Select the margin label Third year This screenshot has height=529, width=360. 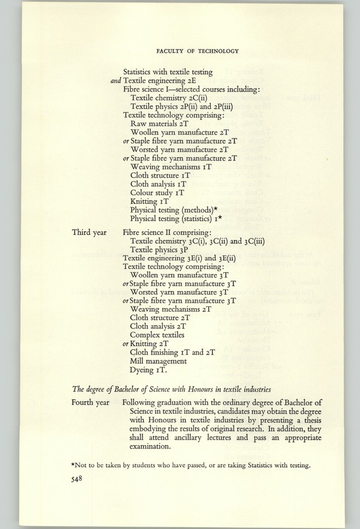tap(89, 232)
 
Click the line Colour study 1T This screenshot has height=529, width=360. tap(157, 192)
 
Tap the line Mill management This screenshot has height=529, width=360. tap(158, 361)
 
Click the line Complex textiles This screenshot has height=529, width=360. tap(157, 335)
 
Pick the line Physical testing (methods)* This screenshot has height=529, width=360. tap(175, 210)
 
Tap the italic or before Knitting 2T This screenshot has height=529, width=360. tap(126, 344)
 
